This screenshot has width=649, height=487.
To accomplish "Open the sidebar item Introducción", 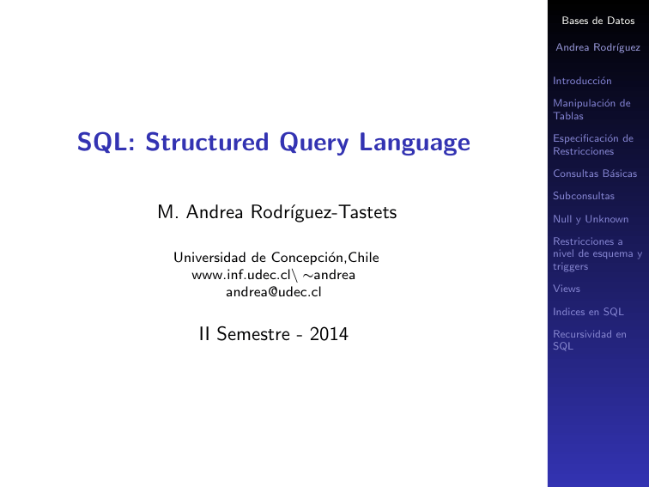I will point(582,81).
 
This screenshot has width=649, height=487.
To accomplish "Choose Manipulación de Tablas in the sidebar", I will point(591,109).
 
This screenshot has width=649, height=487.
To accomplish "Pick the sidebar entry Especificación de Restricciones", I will point(592,144).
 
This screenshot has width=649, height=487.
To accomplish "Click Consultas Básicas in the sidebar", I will point(595,173).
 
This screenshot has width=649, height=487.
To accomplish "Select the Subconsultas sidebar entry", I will point(584,196).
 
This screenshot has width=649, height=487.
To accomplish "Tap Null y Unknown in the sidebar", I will point(591,219).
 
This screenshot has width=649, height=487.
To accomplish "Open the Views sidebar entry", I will point(567,289).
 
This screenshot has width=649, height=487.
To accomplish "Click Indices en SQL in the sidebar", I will point(588,311).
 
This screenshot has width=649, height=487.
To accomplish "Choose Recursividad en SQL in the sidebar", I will point(590,339).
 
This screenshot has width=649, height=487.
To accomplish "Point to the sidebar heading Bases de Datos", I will point(597,21).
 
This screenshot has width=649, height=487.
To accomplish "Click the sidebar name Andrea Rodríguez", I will point(597,48).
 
